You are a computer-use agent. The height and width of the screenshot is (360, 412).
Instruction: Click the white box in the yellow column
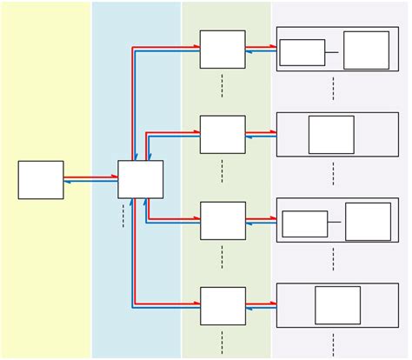coord(41,180)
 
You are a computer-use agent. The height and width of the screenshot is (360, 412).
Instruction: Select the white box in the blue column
coord(140,179)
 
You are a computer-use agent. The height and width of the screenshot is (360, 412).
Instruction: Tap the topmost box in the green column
coord(223,50)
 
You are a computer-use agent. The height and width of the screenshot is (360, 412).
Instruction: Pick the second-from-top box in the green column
coord(223,134)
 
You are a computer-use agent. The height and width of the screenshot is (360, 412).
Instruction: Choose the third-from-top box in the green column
coord(223,221)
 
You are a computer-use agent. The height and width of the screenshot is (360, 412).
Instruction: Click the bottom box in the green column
coord(223,305)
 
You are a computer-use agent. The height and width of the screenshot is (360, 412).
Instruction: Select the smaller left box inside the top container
coord(302,52)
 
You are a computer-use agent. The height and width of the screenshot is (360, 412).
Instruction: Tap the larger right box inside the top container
coord(366,50)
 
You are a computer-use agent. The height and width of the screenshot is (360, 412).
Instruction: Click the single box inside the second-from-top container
coord(331,135)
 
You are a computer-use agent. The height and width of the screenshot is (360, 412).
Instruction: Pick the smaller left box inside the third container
coord(305,223)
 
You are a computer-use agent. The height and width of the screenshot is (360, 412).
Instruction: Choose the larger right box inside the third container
coord(368,222)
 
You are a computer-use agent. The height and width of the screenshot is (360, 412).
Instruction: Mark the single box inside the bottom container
coord(337,305)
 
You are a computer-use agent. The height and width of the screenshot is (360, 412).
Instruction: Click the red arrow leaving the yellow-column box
coord(90,177)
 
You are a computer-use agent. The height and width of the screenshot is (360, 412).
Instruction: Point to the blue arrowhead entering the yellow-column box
coord(67,181)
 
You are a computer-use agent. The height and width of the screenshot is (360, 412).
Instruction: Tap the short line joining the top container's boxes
coord(332,52)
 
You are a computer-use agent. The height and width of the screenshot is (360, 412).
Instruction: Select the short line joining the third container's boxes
coord(335,223)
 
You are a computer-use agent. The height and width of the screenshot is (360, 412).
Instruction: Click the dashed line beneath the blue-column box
coord(123,215)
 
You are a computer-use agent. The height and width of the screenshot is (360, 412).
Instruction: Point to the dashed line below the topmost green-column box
coord(223,84)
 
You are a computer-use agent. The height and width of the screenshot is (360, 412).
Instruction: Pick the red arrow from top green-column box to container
coord(261,47)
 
